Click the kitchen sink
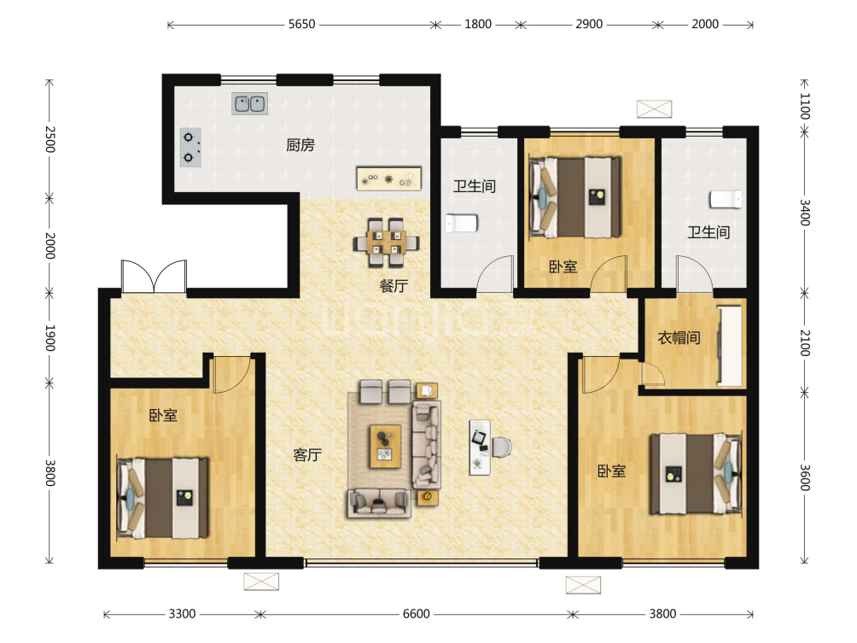250,103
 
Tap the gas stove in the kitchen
190,147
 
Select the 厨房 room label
300,145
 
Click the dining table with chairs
387,243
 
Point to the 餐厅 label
394,285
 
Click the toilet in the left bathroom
461,223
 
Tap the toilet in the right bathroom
726,199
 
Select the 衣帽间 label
679,337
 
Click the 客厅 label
307,455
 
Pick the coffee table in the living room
385,447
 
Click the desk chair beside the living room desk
502,447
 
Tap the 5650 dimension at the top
301,24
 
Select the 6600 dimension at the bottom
416,614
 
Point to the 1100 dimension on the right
805,106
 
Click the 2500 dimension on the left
50,139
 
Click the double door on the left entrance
154,276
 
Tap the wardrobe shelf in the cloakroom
730,346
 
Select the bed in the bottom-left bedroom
162,498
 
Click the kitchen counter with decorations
388,178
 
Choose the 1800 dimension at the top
478,24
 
